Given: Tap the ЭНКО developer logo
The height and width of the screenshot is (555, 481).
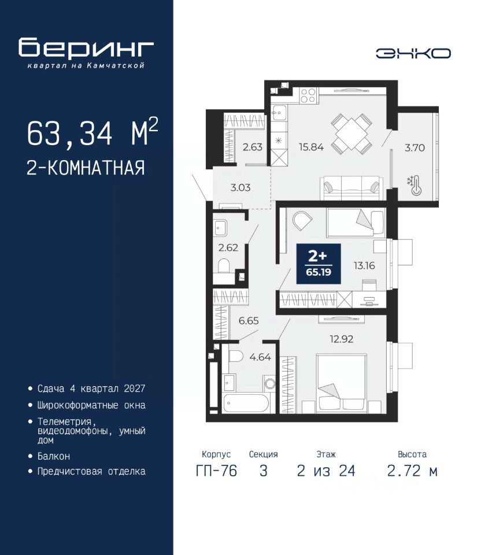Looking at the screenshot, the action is click(x=413, y=53).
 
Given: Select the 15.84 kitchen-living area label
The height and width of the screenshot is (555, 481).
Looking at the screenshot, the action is click(x=311, y=147).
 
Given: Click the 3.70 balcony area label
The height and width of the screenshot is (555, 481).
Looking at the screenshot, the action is click(x=415, y=147).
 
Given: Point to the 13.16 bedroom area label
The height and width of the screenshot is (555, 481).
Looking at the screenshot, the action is click(x=364, y=265).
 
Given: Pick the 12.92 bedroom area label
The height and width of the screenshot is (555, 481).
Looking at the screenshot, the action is click(x=342, y=339).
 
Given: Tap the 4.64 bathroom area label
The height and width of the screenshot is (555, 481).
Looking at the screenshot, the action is click(x=260, y=357).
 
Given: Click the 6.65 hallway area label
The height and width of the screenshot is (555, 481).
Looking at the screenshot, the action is click(x=249, y=321).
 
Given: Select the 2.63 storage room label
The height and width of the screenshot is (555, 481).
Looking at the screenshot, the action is click(x=253, y=147).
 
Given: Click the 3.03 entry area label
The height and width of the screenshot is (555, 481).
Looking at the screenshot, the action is click(x=240, y=187).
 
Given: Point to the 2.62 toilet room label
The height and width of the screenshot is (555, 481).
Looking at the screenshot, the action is click(x=228, y=248).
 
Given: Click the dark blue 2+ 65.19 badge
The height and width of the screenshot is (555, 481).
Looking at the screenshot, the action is click(x=319, y=264).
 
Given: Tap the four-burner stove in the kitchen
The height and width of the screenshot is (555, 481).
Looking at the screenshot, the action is click(x=308, y=95).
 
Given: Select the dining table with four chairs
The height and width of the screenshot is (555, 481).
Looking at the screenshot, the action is click(x=351, y=134).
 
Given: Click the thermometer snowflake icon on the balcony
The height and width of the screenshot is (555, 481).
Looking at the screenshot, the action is click(x=415, y=185).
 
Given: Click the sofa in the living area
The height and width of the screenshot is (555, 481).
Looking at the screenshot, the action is click(x=351, y=188).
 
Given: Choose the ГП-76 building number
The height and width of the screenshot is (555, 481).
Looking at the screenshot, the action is click(x=216, y=471).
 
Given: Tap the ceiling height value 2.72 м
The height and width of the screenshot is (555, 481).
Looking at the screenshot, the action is click(x=412, y=471).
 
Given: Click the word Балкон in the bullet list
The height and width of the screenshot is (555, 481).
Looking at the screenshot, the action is click(x=54, y=456).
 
